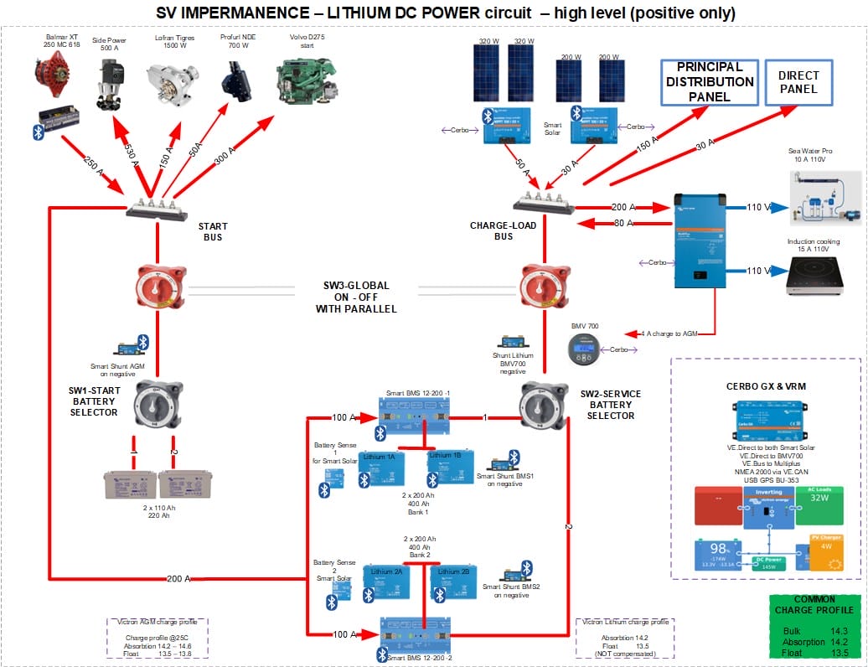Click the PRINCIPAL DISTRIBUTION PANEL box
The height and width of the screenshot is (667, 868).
(709, 82)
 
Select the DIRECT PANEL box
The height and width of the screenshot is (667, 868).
(798, 82)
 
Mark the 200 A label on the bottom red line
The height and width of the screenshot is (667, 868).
(178, 579)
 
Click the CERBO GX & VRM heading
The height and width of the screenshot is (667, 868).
(765, 386)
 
